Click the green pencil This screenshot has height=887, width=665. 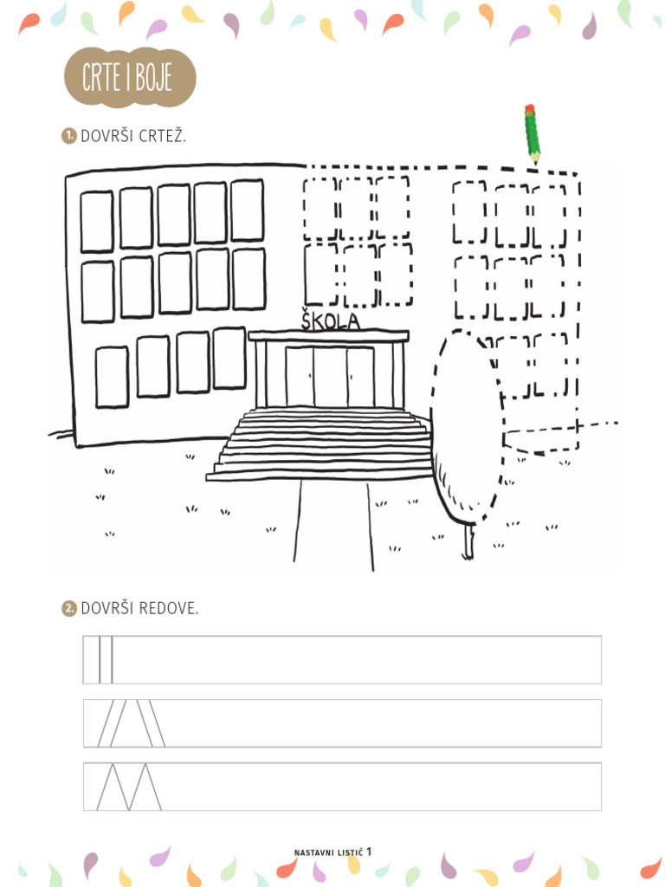point(532,133)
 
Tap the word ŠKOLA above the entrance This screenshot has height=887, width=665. point(330,320)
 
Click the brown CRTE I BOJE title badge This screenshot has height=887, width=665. point(130,77)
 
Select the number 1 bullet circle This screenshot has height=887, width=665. point(68,136)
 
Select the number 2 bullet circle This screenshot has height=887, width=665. point(68,609)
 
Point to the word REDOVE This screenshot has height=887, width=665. point(169,609)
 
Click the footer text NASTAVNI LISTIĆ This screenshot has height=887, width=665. point(328,852)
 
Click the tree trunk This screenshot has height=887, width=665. point(468,542)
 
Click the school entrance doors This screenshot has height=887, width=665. point(329,376)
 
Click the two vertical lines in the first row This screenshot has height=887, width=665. point(106,659)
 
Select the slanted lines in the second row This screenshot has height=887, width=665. point(132,723)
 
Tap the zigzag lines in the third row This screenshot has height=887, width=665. point(129,787)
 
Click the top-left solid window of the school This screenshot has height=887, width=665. point(97,222)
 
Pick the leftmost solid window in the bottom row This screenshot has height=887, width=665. point(112,378)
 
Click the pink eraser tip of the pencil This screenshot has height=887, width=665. point(529,107)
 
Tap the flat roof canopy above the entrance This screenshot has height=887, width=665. point(328,336)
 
